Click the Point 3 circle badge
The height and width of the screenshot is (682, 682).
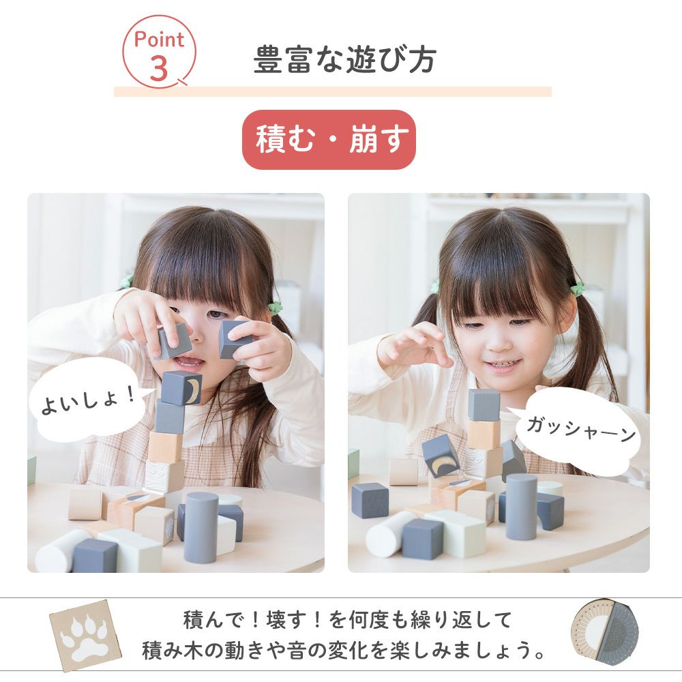pyautogui.click(x=159, y=52)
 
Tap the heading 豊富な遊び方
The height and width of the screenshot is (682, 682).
pyautogui.click(x=344, y=59)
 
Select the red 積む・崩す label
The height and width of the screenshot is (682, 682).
pyautogui.click(x=329, y=140)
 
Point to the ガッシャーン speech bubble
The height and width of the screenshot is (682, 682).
pyautogui.click(x=578, y=429)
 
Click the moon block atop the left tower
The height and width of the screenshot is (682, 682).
pyautogui.click(x=181, y=387)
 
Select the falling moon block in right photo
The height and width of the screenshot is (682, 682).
pyautogui.click(x=440, y=455)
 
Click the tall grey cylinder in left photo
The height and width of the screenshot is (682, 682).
pyautogui.click(x=201, y=527)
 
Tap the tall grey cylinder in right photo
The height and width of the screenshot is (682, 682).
pyautogui.click(x=521, y=507)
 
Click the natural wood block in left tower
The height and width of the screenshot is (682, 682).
pyautogui.click(x=165, y=447)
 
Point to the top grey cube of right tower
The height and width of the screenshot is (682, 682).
pyautogui.click(x=484, y=405)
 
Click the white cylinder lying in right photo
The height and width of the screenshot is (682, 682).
pyautogui.click(x=389, y=534)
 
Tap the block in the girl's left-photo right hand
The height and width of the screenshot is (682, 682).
pyautogui.click(x=235, y=340)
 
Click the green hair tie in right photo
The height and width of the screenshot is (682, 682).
pyautogui.click(x=577, y=288)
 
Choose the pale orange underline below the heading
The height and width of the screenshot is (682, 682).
pyautogui.click(x=333, y=91)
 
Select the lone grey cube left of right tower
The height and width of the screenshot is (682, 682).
pyautogui.click(x=370, y=500)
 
